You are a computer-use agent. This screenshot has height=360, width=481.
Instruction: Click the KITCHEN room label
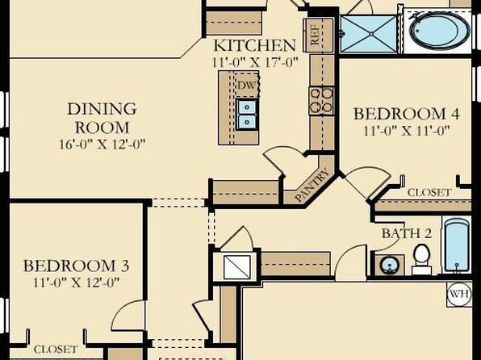coord(254,45)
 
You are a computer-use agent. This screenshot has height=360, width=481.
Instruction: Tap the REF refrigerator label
coord(316,35)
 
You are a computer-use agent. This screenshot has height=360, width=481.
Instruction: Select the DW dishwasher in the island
coord(247,85)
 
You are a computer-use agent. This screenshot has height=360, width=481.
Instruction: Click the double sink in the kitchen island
coord(247,114)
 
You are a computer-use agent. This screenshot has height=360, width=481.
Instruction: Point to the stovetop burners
coord(321,100)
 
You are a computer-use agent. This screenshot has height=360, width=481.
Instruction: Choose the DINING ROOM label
coord(102,118)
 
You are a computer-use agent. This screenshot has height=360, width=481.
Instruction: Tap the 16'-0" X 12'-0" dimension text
coord(102,144)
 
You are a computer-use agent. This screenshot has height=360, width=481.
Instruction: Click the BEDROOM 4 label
coord(407,114)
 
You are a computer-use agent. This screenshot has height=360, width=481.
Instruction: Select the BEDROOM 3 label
coord(76,266)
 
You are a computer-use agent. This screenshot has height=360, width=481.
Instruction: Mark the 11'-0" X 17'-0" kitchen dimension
coord(255,62)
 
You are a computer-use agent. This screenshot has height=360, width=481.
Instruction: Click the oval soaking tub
coord(439,31)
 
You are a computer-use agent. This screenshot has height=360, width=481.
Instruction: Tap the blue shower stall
coord(369,34)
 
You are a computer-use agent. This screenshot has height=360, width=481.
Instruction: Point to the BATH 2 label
coord(407,233)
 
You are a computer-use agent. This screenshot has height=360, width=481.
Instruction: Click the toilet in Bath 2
coord(421,259)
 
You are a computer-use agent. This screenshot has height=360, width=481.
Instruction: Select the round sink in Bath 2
coord(390,265)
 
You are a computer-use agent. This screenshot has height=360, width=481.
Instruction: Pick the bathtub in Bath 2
coord(457,245)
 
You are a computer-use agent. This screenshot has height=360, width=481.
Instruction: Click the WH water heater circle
coord(459,295)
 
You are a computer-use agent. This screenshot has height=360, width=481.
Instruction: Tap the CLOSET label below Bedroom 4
coord(429,192)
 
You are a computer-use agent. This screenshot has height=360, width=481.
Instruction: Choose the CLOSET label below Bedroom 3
coord(56,350)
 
